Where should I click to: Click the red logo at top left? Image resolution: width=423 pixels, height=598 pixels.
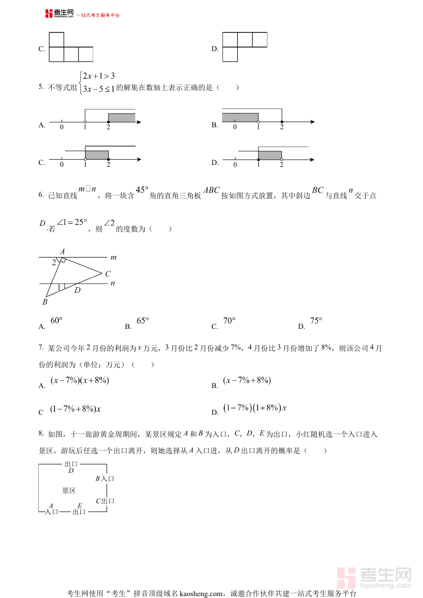pos(49,14)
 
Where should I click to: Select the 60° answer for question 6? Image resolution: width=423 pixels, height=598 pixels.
pos(56,321)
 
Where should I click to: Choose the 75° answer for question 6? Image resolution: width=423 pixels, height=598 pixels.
pos(316,321)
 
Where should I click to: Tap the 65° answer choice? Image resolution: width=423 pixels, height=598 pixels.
pos(142,321)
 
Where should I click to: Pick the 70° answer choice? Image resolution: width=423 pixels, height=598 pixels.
pos(229,321)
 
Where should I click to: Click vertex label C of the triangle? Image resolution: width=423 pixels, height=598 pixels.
pos(108,274)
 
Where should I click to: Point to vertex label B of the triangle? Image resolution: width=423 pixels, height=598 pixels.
pos(45,302)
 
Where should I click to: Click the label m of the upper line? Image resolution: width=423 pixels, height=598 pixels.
pos(113,257)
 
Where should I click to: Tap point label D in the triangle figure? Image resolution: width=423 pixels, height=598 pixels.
pos(78,290)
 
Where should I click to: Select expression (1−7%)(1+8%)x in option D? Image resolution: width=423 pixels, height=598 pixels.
pos(255,408)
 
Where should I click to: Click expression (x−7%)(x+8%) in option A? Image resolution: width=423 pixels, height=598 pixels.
pos(79,381)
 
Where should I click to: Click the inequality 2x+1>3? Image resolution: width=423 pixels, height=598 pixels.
pos(99,76)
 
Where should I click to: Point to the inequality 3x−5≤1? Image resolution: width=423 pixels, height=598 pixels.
pos(98,88)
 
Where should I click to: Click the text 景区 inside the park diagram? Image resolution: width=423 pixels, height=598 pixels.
pos(69,491)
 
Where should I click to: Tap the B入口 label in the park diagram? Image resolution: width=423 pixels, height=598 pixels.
pos(105,479)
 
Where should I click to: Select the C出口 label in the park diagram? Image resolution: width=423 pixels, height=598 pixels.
pos(105,501)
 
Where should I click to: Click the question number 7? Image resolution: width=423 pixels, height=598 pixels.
pos(41,348)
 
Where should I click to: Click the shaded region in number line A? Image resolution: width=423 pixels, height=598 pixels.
pos(122,117)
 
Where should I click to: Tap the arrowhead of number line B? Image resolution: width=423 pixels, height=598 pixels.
pos(312,122)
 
